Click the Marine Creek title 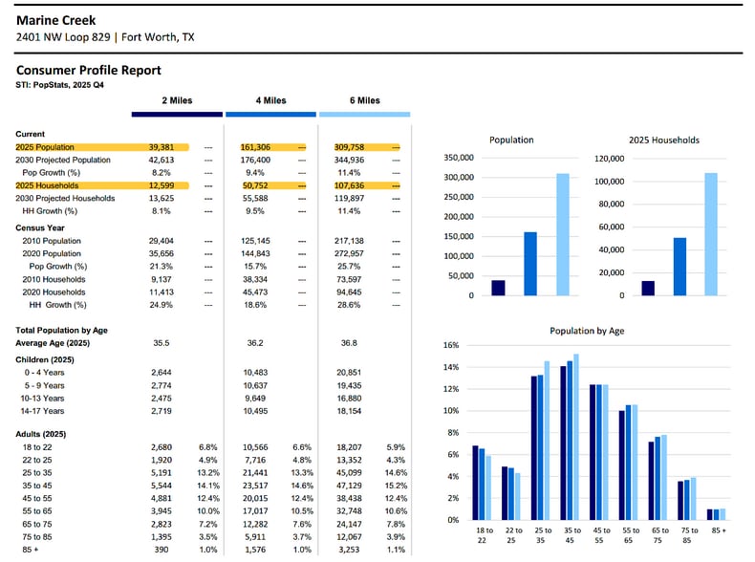[x=55, y=20]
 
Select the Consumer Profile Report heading [x=89, y=71]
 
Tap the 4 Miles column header [x=271, y=100]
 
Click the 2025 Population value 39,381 [x=162, y=147]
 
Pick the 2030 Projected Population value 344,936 [x=349, y=160]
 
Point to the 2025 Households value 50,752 [x=255, y=185]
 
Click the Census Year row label [x=40, y=227]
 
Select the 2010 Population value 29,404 [x=162, y=241]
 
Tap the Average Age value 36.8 [x=349, y=343]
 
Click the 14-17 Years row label [x=42, y=411]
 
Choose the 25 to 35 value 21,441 [x=255, y=473]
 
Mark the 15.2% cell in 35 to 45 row [x=397, y=486]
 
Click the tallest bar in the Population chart [x=563, y=234]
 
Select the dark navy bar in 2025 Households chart [x=648, y=288]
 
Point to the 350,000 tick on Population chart [x=459, y=158]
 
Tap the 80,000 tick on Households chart [x=611, y=204]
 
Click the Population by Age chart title [x=587, y=331]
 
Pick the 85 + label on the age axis [x=719, y=530]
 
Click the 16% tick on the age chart [x=451, y=345]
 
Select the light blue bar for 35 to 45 [x=576, y=437]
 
